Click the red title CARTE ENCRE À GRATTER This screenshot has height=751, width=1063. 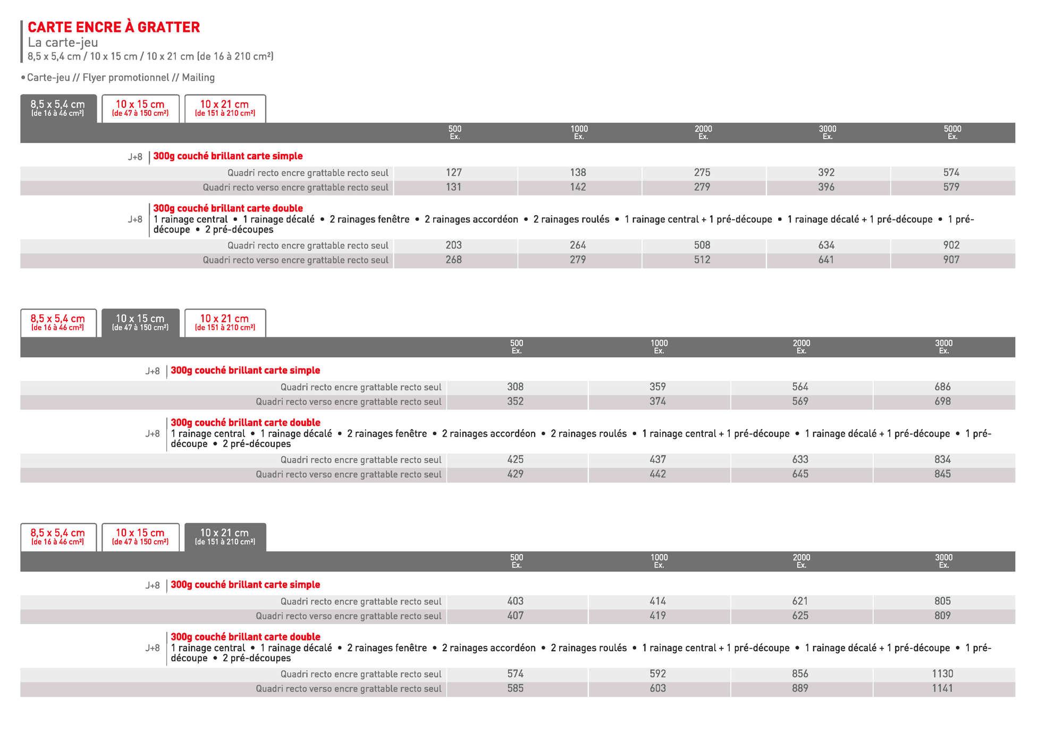(114, 27)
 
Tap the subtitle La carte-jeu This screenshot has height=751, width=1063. (63, 42)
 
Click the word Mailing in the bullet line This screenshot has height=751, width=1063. (198, 78)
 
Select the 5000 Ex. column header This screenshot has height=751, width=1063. (952, 132)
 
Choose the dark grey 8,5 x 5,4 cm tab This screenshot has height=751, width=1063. (58, 108)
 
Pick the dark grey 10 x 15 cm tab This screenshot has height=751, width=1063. (140, 322)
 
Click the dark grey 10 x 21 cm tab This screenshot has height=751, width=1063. (224, 536)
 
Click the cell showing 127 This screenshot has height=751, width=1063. (454, 173)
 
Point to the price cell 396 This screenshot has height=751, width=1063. (826, 187)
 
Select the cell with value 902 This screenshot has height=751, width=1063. (951, 245)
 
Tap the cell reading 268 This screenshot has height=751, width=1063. (453, 260)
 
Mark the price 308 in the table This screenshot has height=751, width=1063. (515, 387)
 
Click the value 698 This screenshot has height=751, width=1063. (942, 401)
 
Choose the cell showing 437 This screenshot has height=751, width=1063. (657, 459)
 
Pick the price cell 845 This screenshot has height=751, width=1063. (942, 474)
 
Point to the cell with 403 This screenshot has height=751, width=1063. (515, 601)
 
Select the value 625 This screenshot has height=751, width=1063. (800, 616)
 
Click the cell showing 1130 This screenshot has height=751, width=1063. (942, 673)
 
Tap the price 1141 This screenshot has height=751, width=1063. (942, 688)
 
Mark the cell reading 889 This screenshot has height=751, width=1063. (800, 688)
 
